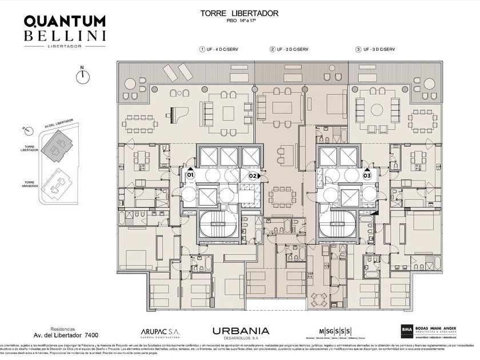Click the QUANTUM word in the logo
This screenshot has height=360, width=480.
[x=64, y=21]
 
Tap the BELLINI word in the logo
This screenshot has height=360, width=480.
[x=64, y=36]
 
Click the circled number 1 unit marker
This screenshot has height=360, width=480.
[x=202, y=50]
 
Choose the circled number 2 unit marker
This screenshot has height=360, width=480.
[x=273, y=50]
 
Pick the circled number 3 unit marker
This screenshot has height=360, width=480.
[x=358, y=50]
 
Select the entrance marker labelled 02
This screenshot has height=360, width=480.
[x=252, y=175]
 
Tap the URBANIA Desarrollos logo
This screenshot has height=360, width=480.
[x=241, y=331]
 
